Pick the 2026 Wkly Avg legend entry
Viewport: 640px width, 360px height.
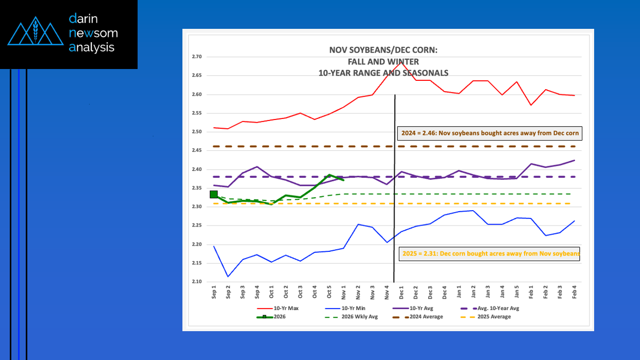360,317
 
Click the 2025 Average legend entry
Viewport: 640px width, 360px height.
493,317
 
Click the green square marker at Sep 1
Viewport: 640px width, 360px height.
214,194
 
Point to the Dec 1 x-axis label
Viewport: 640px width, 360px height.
401,293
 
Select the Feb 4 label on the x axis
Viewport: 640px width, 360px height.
574,293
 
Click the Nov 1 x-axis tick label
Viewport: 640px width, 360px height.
344,293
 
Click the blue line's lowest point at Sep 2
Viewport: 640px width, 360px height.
228,277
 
